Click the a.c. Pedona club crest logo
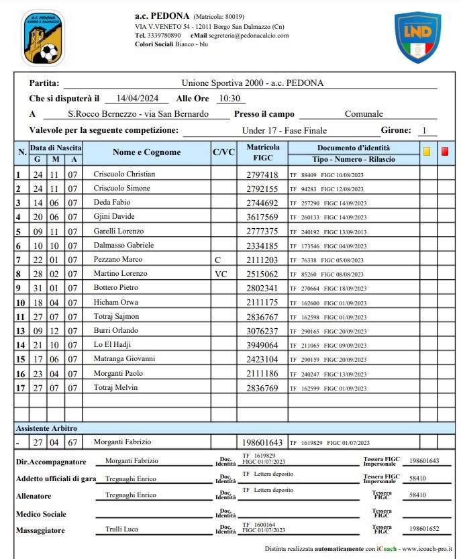43,38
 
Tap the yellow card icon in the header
427,152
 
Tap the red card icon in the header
445,152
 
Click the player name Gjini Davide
114,217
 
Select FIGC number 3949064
262,345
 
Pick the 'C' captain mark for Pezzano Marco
217,260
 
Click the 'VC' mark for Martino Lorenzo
221,274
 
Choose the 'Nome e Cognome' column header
146,152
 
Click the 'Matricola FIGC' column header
262,152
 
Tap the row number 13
20,331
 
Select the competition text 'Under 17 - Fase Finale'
285,130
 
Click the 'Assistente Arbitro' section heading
47,427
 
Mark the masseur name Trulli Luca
121,529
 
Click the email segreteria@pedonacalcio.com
248,36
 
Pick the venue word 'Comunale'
364,114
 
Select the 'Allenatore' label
36,495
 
